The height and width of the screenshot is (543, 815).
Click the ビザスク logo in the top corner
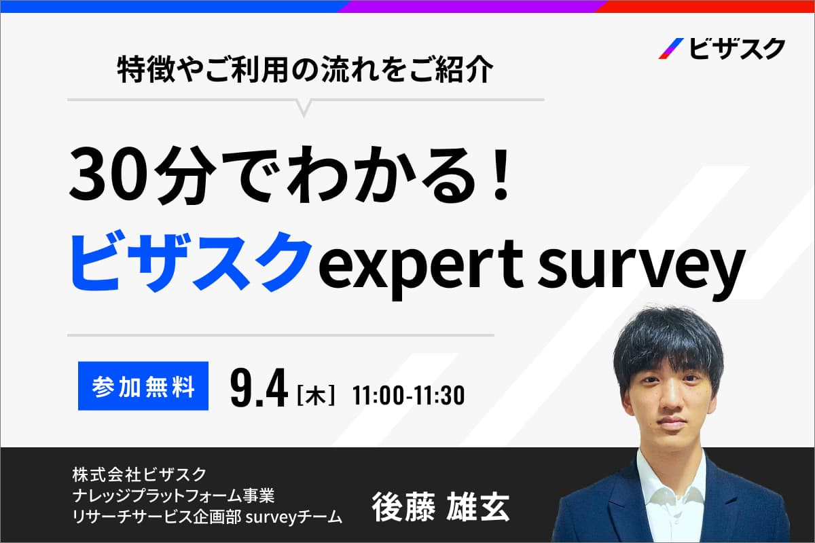pyautogui.click(x=721, y=49)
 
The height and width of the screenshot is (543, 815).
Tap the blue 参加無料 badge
pyautogui.click(x=143, y=386)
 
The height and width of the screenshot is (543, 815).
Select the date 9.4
pyautogui.click(x=259, y=388)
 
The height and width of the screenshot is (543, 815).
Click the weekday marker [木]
pyautogui.click(x=316, y=394)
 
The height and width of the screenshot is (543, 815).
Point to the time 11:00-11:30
pyautogui.click(x=409, y=395)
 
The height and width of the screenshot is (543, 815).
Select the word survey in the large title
pyautogui.click(x=640, y=269)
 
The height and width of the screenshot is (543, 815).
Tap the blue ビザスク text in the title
pyautogui.click(x=190, y=262)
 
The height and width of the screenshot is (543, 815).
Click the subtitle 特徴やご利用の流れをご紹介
pyautogui.click(x=306, y=70)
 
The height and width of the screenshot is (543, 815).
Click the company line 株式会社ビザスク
pyautogui.click(x=139, y=474)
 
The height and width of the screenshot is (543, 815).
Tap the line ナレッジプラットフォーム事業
pyautogui.click(x=174, y=495)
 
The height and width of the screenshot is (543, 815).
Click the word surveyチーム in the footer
pyautogui.click(x=294, y=517)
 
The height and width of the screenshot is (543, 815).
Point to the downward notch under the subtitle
pyautogui.click(x=304, y=109)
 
